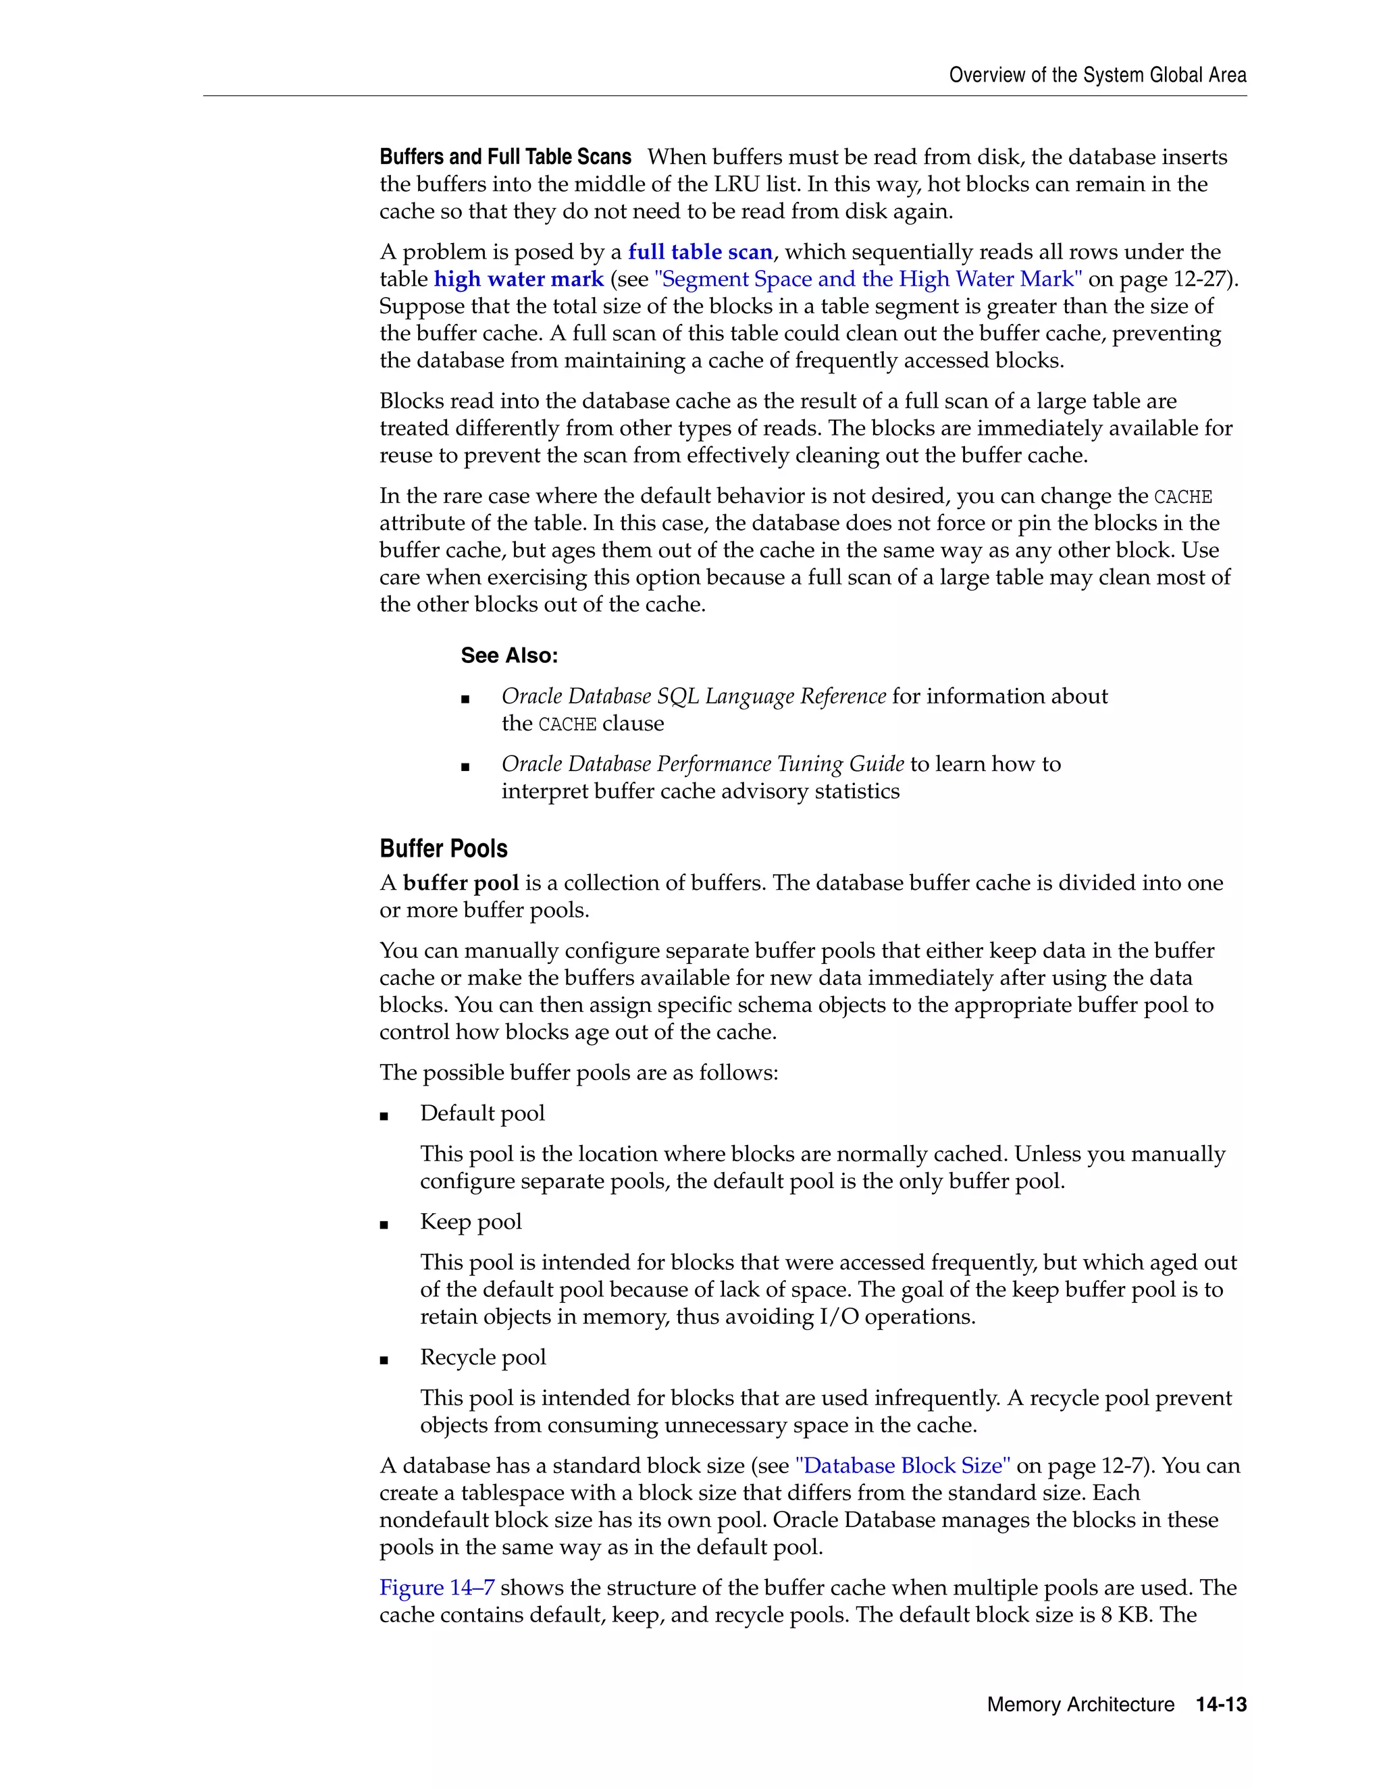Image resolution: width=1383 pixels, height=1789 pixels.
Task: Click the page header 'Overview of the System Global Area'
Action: [1097, 76]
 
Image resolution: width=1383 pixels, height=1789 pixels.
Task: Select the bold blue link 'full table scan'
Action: [700, 252]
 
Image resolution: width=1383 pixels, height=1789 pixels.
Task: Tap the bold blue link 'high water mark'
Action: [519, 279]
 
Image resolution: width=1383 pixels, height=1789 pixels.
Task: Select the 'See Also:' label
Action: [508, 656]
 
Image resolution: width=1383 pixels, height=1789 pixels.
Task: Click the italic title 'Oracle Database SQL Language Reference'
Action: [693, 696]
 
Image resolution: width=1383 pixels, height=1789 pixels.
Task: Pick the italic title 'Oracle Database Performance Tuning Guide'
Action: [702, 764]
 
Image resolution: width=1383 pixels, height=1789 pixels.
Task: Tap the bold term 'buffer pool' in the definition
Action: [461, 883]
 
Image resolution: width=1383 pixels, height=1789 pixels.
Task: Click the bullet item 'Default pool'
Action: [481, 1113]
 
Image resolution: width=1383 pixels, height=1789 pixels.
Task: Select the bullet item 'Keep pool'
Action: [470, 1221]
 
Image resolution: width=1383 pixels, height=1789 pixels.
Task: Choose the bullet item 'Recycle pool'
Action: [483, 1358]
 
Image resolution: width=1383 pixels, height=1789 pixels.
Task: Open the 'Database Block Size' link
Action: [903, 1466]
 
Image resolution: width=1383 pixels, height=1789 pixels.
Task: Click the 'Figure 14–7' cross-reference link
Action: [437, 1588]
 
